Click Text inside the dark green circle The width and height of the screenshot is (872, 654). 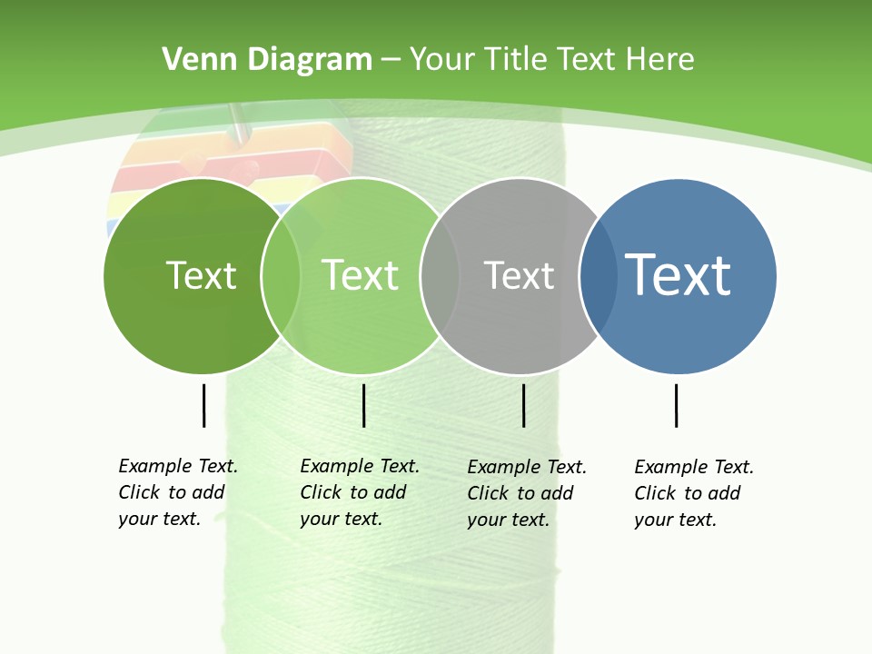pos(201,275)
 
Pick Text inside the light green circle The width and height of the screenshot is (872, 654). pos(361,275)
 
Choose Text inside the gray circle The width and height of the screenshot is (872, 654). pos(519,275)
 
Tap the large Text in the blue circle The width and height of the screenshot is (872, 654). pos(679,274)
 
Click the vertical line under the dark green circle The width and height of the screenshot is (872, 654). pos(203,405)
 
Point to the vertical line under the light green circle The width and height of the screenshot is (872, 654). pos(363,405)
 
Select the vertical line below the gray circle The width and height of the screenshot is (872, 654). pos(524,405)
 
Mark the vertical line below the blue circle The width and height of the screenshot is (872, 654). pos(676,405)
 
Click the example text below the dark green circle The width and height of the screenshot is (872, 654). pos(177,492)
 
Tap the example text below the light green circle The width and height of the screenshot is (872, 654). pos(359,492)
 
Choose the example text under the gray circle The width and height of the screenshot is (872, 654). pos(526,493)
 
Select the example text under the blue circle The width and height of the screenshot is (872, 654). pos(693,493)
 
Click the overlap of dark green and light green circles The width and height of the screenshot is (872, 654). pos(281,276)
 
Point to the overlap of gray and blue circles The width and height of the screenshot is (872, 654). pos(599,276)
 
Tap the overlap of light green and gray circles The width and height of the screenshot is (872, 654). pos(440,276)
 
